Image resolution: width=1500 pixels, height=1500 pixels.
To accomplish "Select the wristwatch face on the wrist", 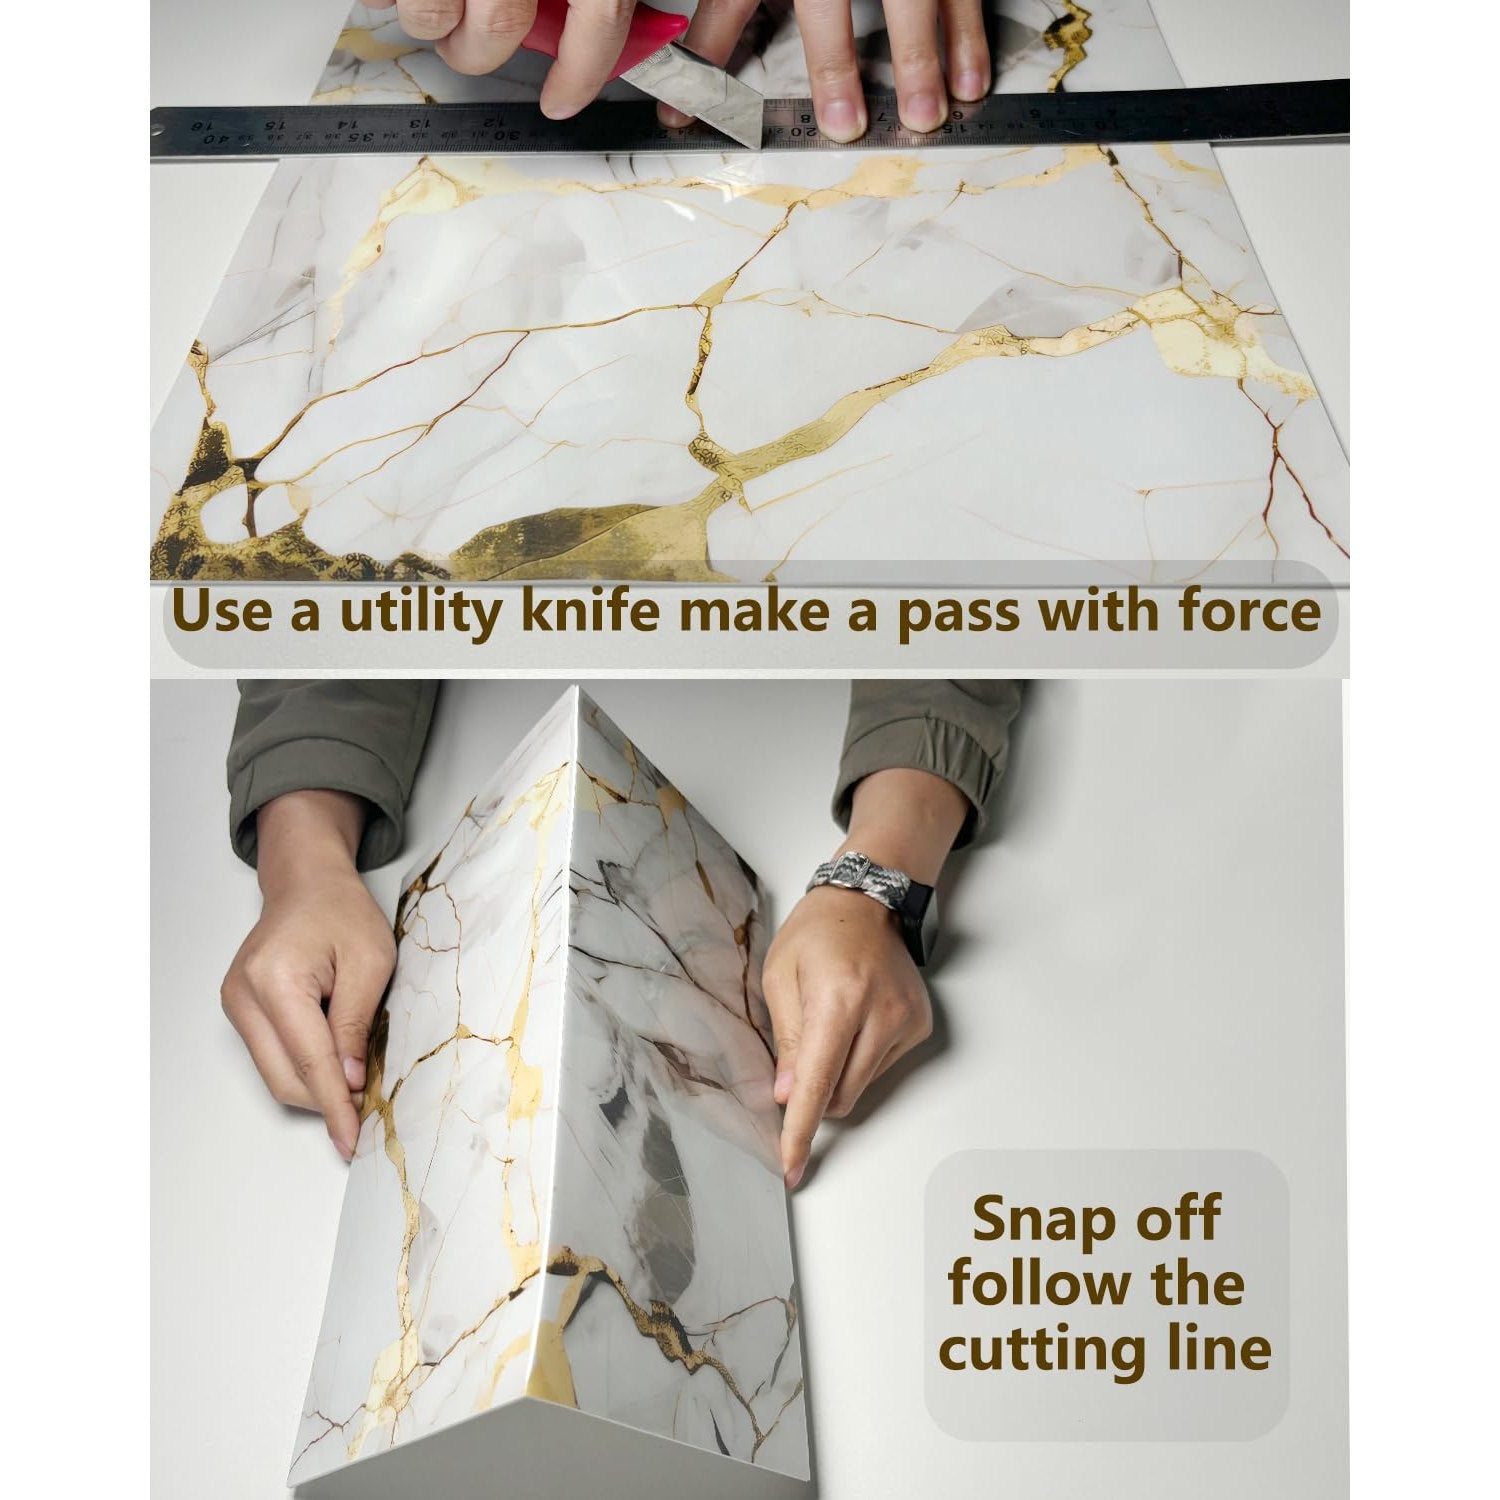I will point(916,926).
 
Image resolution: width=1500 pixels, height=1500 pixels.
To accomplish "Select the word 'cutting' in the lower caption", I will point(1049,1350).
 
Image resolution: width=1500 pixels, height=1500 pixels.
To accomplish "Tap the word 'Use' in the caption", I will point(219,611).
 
